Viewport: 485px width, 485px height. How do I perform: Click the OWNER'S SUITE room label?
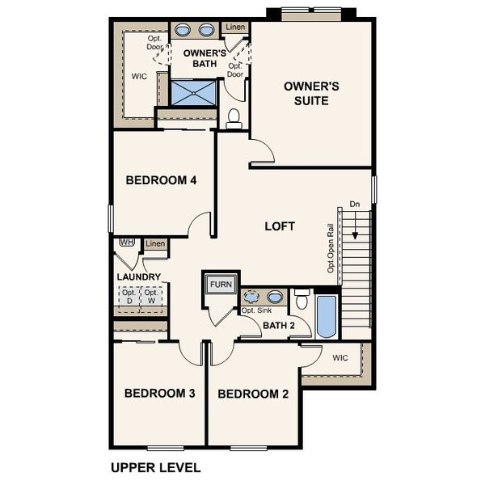(306, 93)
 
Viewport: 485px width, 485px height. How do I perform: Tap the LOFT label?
(280, 226)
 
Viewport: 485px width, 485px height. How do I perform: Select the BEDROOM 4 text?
(162, 180)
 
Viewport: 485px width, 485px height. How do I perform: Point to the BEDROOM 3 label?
(159, 394)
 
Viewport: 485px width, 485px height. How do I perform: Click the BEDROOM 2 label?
(253, 394)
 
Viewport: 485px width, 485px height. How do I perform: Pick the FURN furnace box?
(220, 285)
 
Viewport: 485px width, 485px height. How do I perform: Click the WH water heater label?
(126, 242)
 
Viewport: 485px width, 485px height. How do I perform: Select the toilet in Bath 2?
(302, 301)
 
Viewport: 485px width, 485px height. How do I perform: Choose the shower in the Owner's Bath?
(193, 91)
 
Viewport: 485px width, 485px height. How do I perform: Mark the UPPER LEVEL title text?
(154, 467)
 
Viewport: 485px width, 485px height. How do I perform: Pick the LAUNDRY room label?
(139, 277)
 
